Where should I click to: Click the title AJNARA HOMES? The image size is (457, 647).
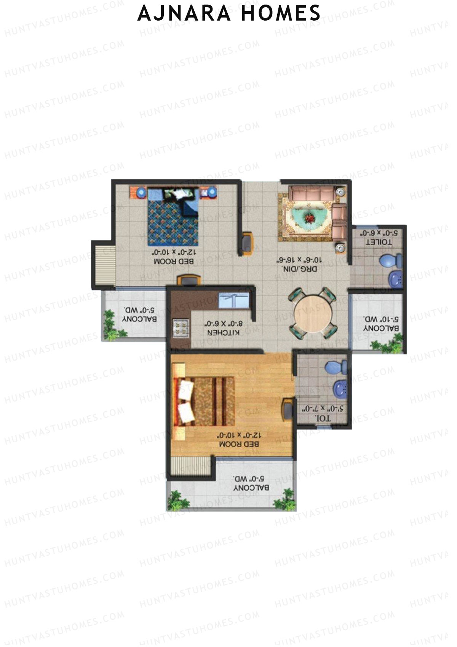pyautogui.click(x=228, y=14)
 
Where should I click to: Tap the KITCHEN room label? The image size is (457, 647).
pyautogui.click(x=224, y=332)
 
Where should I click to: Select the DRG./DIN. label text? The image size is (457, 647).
pyautogui.click(x=299, y=269)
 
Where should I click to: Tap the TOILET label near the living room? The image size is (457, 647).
pyautogui.click(x=379, y=242)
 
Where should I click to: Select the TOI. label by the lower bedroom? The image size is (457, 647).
pyautogui.click(x=323, y=418)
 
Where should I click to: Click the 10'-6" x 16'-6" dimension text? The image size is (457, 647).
pyautogui.click(x=299, y=260)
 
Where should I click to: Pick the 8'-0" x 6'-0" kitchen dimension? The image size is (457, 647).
pyautogui.click(x=224, y=324)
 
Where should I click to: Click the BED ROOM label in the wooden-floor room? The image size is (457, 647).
pyautogui.click(x=239, y=444)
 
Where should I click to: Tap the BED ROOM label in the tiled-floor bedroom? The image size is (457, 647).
pyautogui.click(x=174, y=261)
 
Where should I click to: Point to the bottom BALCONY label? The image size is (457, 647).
pyautogui.click(x=251, y=487)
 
